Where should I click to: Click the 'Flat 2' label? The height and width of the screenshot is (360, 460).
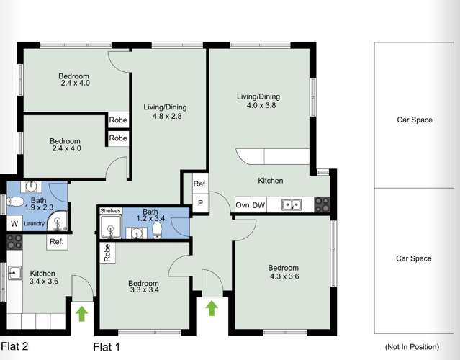14,346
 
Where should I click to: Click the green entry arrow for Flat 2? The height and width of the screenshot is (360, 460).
81,313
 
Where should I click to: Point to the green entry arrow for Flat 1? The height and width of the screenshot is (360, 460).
211,308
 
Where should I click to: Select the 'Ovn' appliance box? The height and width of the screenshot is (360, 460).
243,205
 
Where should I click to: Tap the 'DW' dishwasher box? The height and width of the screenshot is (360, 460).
258,205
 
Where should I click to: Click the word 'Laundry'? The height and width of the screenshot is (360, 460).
34,224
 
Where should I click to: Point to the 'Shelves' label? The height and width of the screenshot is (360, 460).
110,211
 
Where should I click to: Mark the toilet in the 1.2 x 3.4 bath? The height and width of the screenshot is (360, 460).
158,230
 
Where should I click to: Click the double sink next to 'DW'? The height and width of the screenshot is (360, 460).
292,205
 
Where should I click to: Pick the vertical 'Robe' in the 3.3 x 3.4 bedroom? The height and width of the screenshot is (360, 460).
107,252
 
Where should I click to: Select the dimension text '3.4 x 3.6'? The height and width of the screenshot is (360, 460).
45,282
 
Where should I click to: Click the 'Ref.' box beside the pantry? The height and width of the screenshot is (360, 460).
200,184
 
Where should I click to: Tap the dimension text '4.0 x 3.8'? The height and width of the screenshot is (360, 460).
261,105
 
